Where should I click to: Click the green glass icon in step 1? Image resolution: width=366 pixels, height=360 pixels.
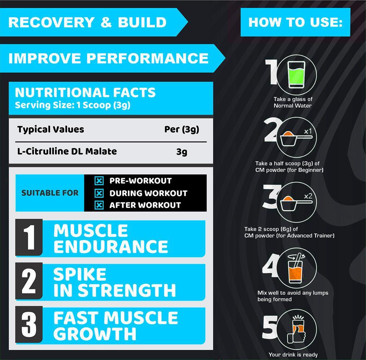click(x=296, y=75)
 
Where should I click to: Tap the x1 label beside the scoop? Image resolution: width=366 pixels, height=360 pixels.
click(x=308, y=131)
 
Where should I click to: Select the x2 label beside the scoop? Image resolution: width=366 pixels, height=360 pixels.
click(x=308, y=196)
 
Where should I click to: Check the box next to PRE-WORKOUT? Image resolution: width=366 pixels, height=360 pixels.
click(x=99, y=181)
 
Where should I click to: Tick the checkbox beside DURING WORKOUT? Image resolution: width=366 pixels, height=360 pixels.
click(x=99, y=193)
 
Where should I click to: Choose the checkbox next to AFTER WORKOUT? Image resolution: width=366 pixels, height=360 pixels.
click(x=99, y=205)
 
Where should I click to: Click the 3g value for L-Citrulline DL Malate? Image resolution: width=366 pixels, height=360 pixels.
click(x=182, y=152)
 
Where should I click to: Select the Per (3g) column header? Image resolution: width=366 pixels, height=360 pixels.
click(x=182, y=130)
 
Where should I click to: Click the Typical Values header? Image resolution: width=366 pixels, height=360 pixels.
click(x=51, y=130)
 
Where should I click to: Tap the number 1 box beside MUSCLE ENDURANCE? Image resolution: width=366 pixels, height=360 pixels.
click(x=29, y=237)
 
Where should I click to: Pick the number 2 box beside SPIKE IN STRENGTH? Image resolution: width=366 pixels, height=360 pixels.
click(x=29, y=281)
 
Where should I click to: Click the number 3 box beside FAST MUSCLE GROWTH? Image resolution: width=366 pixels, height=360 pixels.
click(x=29, y=324)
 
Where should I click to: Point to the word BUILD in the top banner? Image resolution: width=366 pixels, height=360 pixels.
click(x=142, y=22)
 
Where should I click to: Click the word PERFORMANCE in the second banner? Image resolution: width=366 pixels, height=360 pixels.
click(x=148, y=58)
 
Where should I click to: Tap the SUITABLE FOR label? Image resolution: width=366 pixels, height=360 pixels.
click(x=50, y=193)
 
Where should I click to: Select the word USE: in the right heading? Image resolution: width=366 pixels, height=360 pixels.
click(x=326, y=22)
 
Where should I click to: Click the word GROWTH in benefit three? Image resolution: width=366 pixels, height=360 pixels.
click(x=95, y=334)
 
